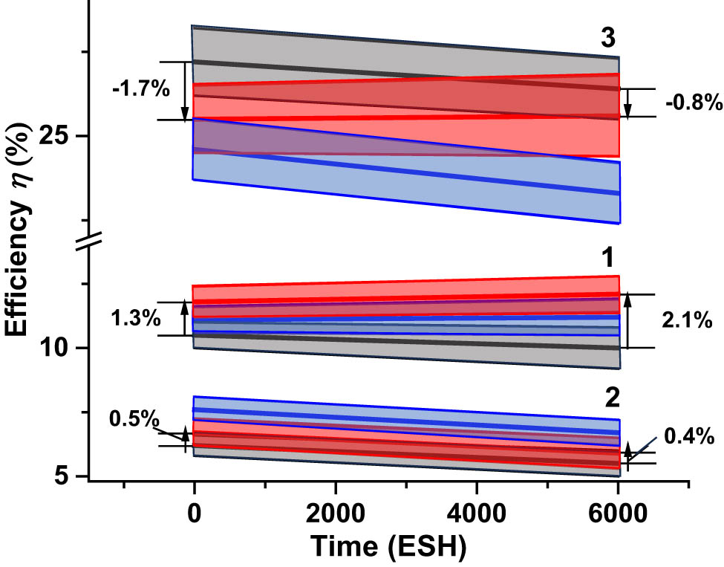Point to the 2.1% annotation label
(x=686, y=321)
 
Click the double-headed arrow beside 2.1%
(x=628, y=321)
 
